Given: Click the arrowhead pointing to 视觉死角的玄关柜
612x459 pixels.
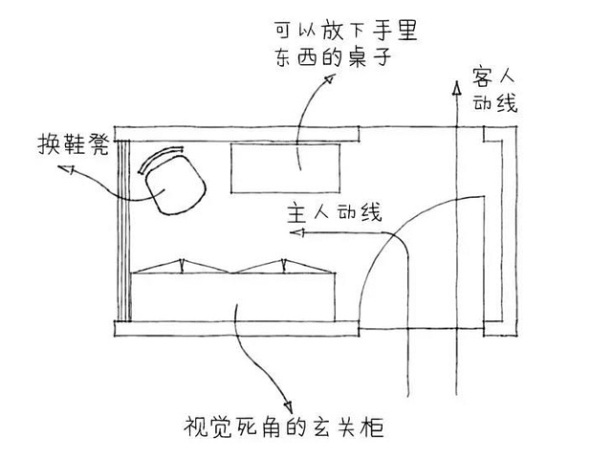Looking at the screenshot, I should (x=285, y=399).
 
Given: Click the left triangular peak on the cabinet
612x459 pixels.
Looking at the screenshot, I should (x=182, y=260).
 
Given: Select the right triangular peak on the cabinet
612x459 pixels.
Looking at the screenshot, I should (x=285, y=260).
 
